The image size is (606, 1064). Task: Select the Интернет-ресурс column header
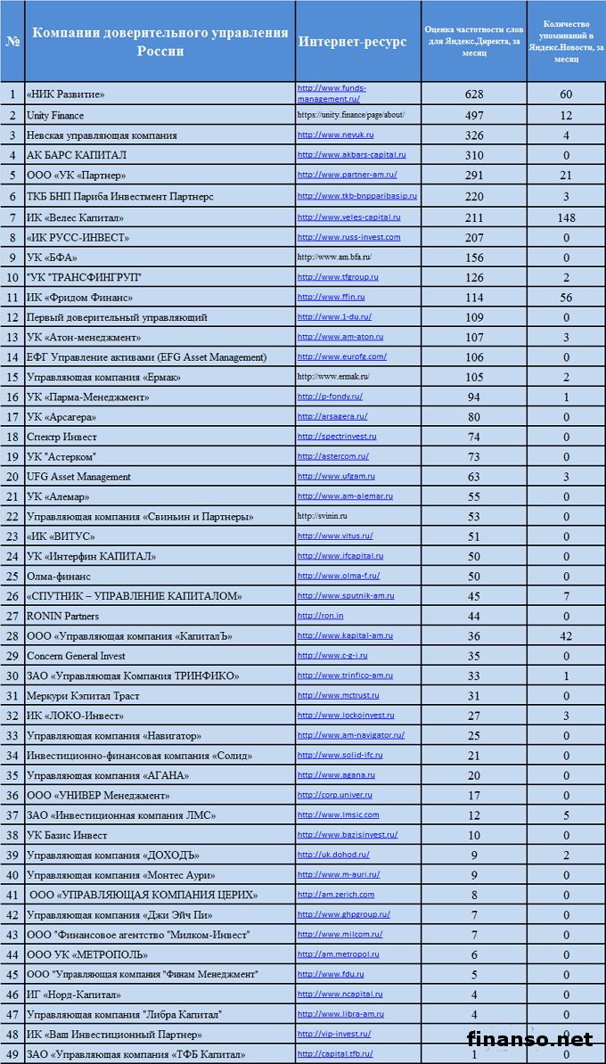[x=352, y=42]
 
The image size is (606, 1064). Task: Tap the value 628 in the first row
[x=474, y=94]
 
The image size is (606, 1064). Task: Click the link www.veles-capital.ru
[x=348, y=217]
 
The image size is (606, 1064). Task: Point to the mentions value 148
[x=565, y=217]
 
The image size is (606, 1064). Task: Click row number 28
[x=12, y=635]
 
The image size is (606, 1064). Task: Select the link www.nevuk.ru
[x=334, y=135]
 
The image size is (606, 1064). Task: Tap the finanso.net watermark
[x=529, y=1039]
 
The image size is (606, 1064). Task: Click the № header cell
[x=12, y=42]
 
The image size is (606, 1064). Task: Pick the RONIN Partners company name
[x=62, y=616]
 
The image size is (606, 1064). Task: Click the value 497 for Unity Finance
[x=474, y=115]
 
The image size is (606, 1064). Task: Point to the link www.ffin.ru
[x=331, y=296]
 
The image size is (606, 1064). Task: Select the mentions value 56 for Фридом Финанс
[x=565, y=297]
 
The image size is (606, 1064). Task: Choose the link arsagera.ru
[x=332, y=416]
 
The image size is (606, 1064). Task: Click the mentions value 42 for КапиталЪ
[x=565, y=635]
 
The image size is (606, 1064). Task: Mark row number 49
[x=12, y=1054]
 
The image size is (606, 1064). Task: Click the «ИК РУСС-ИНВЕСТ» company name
[x=78, y=237]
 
